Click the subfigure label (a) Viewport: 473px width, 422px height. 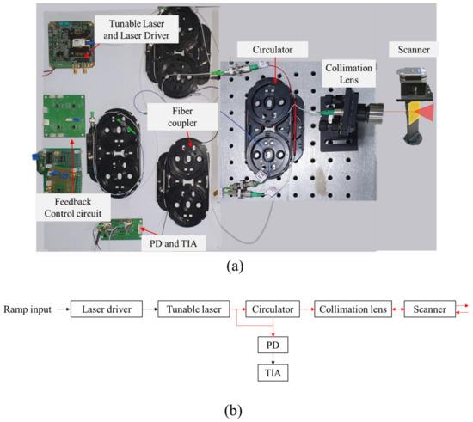235,266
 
